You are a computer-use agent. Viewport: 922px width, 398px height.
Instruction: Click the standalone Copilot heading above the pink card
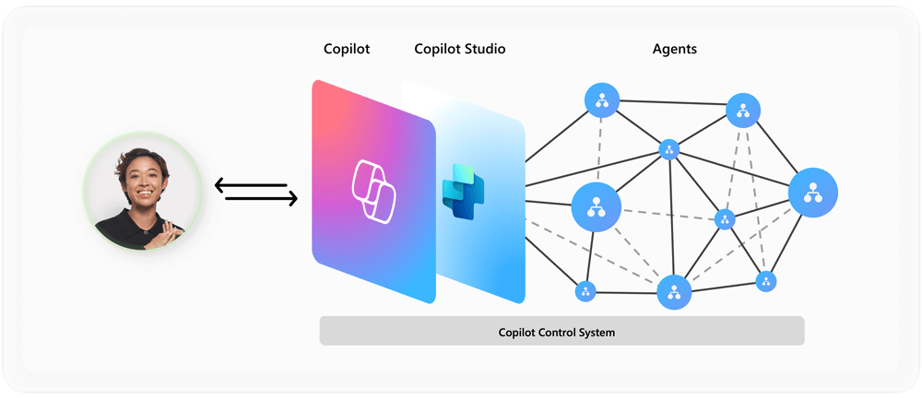(347, 49)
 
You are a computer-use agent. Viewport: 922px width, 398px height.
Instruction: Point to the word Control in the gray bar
(561, 332)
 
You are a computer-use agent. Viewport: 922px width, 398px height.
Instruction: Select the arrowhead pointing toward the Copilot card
(292, 199)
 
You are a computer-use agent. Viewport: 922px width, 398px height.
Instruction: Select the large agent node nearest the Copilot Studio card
(596, 206)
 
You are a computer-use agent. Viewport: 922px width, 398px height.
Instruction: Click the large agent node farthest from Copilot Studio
(812, 193)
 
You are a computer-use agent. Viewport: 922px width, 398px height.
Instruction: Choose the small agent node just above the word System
(585, 292)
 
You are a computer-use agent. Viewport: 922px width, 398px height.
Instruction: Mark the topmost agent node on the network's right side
(742, 111)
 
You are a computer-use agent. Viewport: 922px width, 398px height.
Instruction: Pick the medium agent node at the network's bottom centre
(674, 292)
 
